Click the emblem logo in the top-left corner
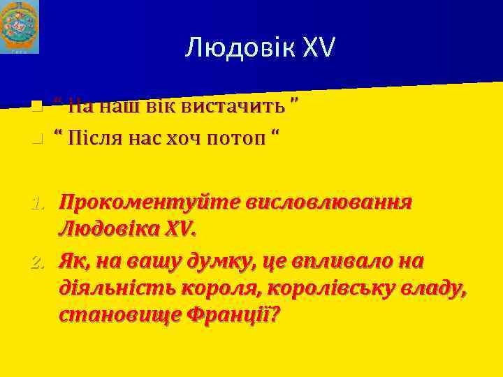(x=20, y=27)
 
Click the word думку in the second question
(x=228, y=261)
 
